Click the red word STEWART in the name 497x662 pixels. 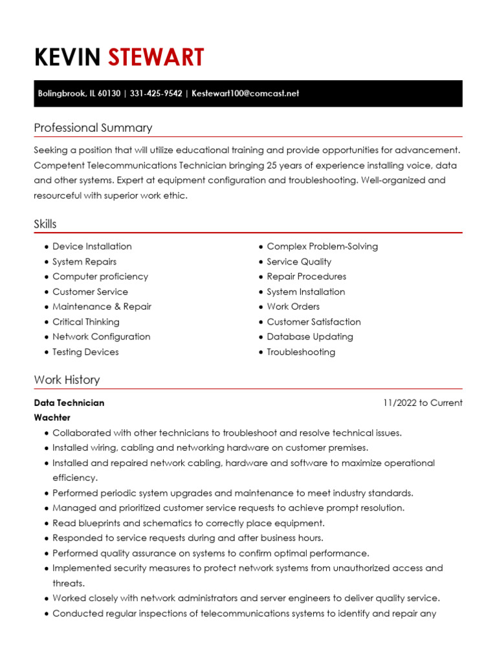[x=155, y=58]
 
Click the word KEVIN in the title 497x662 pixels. [x=67, y=58]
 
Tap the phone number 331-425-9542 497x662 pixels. [x=156, y=93]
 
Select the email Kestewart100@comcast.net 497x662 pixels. [x=245, y=93]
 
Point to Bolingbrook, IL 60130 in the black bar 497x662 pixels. [x=79, y=93]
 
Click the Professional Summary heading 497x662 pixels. [x=93, y=128]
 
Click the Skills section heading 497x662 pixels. [x=45, y=224]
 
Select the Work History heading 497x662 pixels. [x=67, y=380]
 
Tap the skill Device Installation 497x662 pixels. [x=92, y=246]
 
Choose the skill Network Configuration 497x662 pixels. [x=101, y=337]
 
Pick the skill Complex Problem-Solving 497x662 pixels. [x=322, y=246]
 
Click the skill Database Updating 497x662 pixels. [x=310, y=337]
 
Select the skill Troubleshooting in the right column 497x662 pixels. [x=301, y=352]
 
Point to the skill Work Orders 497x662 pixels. [x=293, y=306]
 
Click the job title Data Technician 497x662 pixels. [x=69, y=403]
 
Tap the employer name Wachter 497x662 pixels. [x=52, y=418]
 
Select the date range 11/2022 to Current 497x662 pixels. [x=423, y=403]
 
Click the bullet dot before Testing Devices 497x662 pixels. [x=47, y=352]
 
